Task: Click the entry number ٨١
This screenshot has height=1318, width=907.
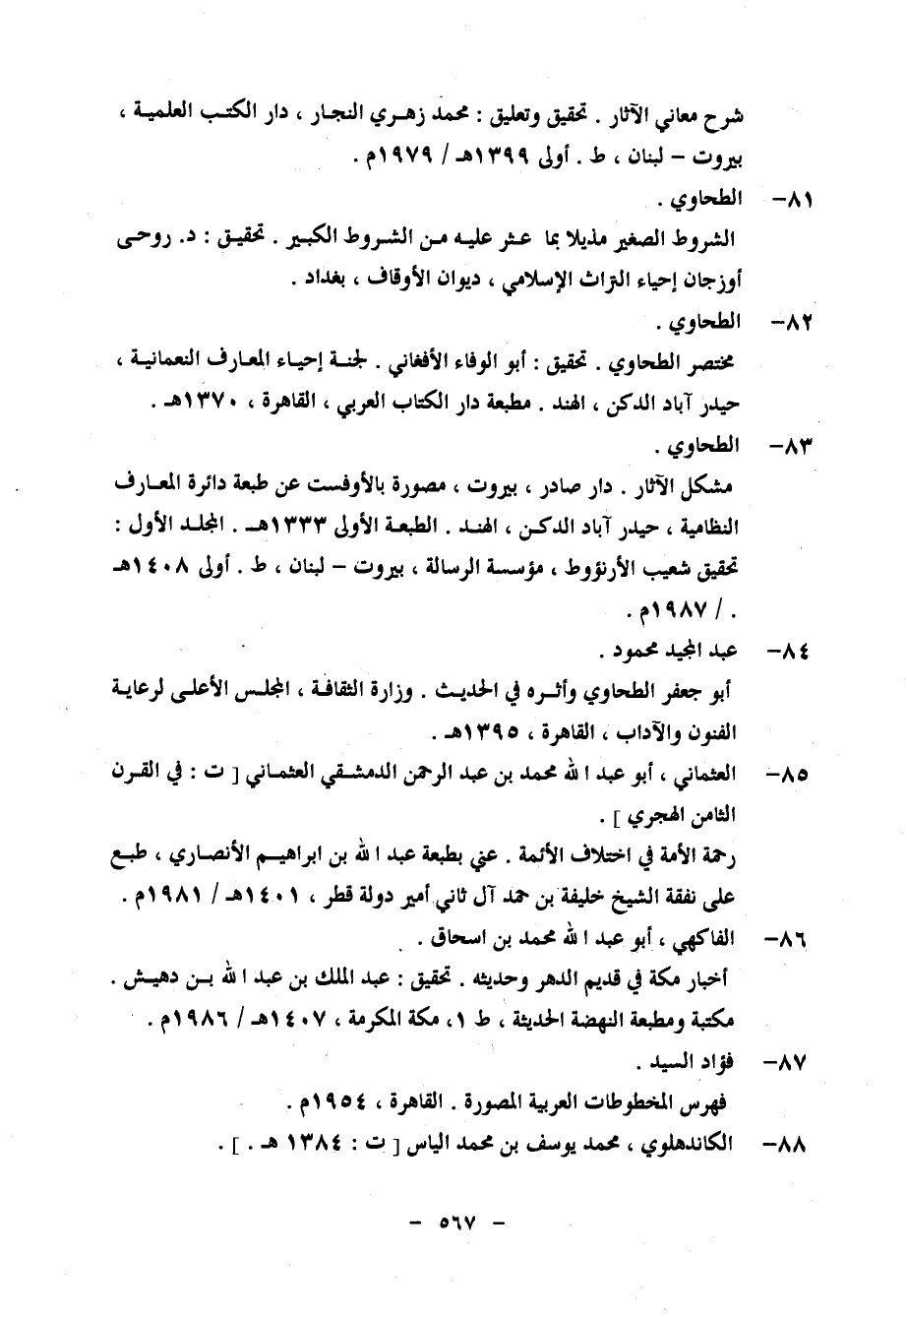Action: point(790,202)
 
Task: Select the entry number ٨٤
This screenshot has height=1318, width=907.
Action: point(788,653)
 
